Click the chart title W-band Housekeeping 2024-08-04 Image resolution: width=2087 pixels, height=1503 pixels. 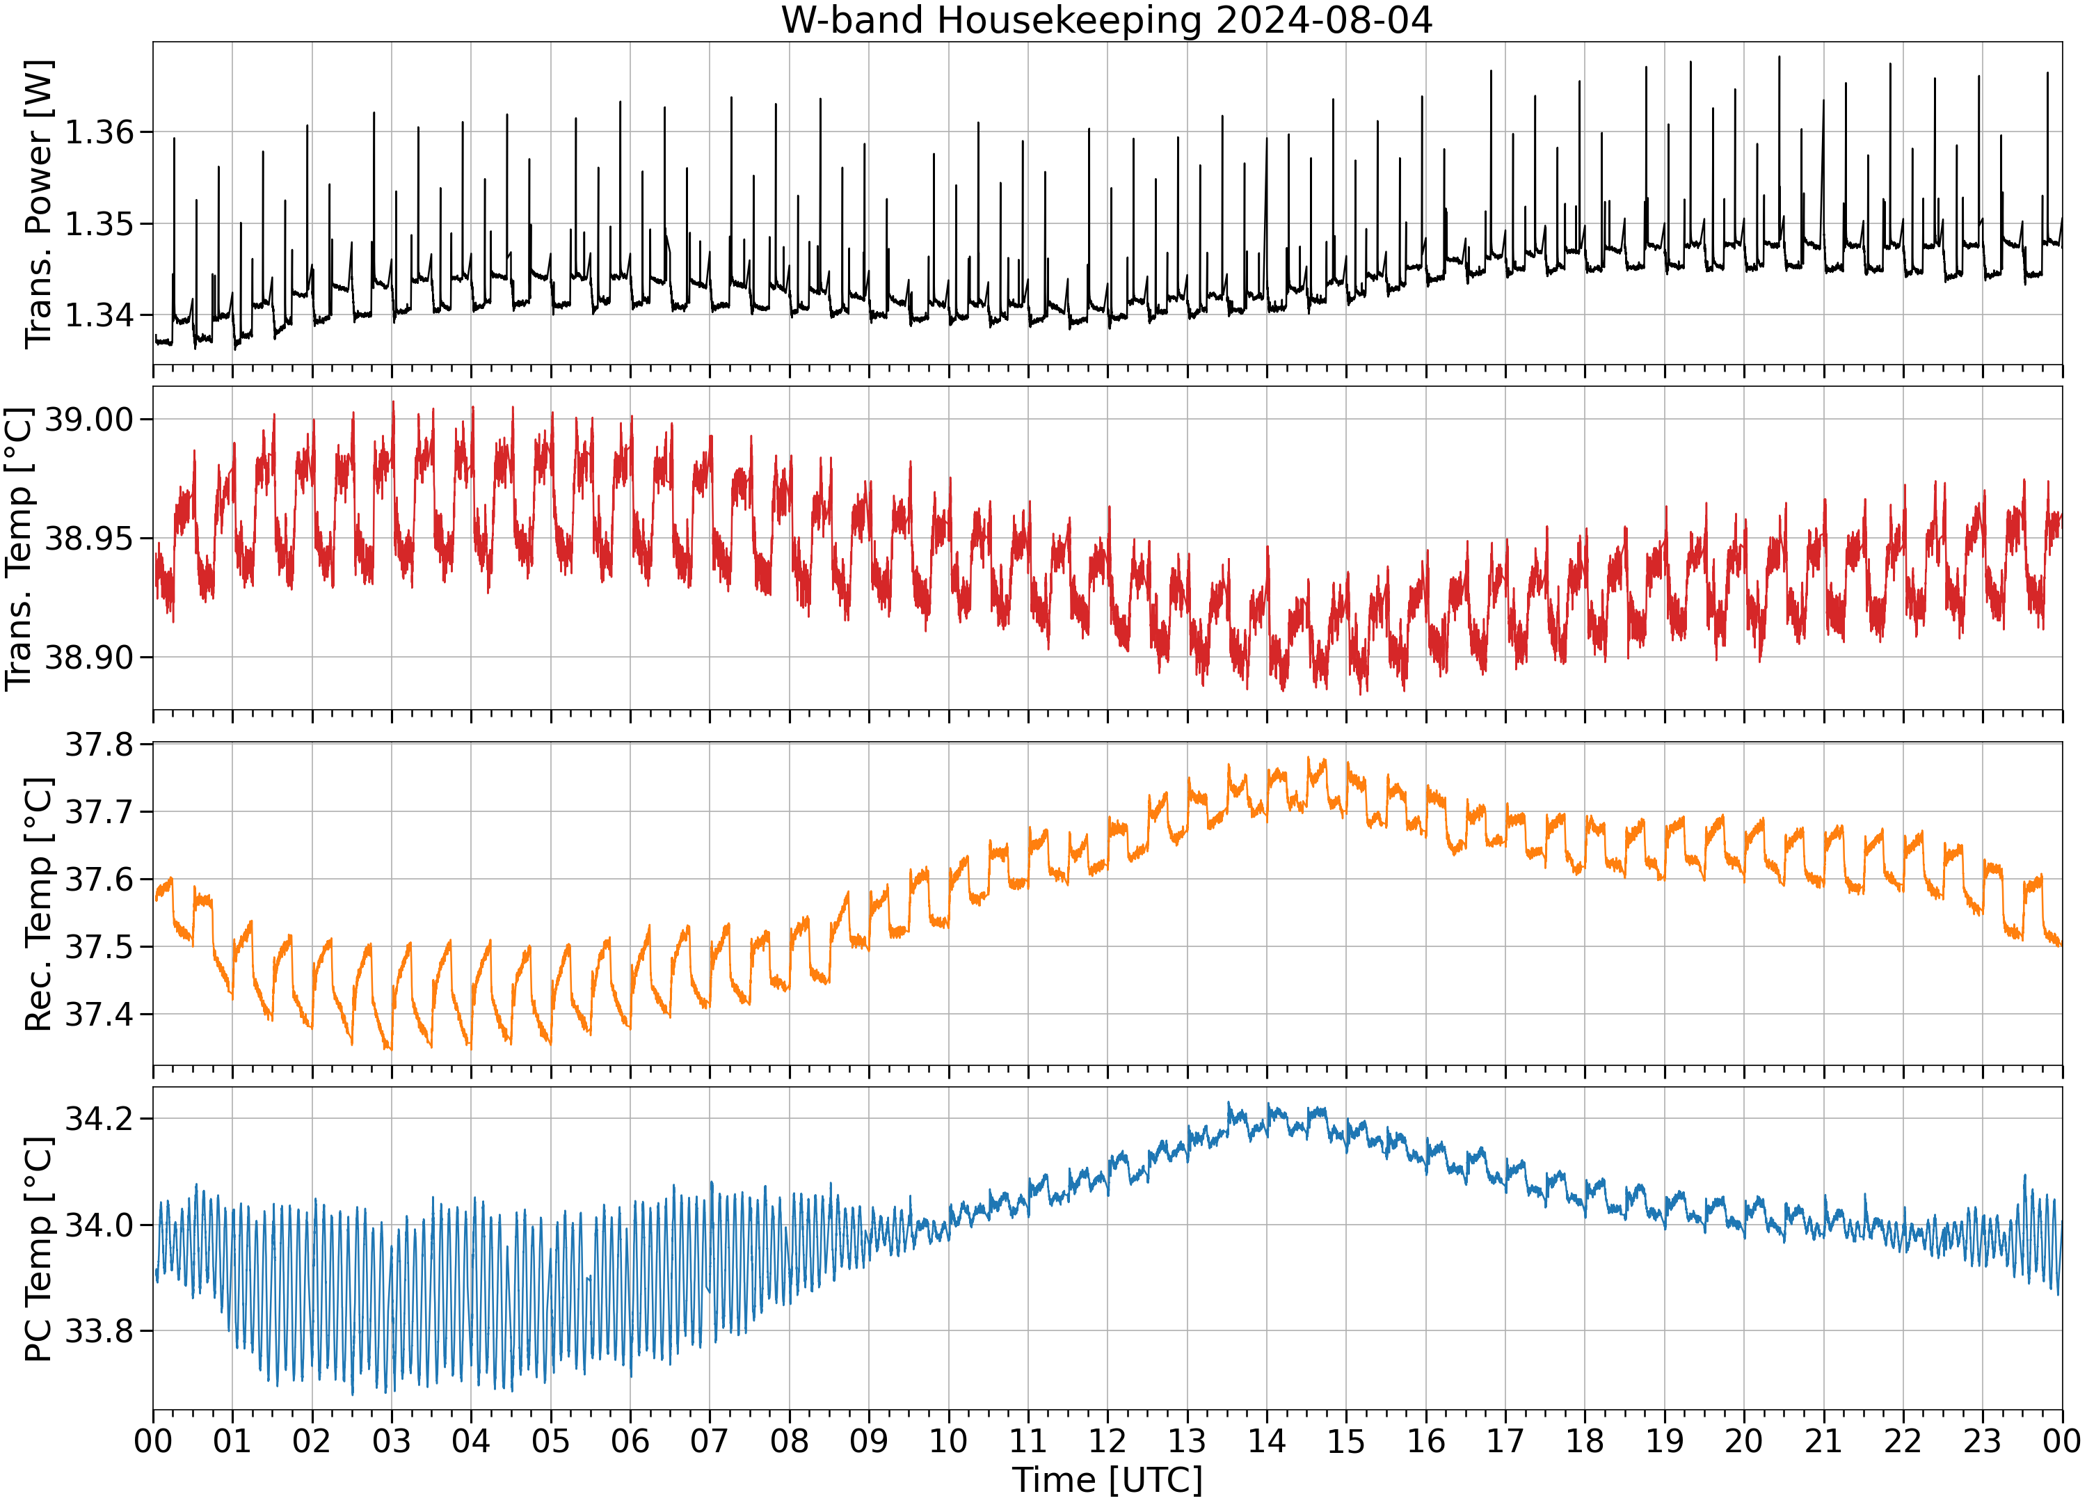click(1107, 19)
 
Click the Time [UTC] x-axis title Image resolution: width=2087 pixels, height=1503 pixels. click(1107, 1480)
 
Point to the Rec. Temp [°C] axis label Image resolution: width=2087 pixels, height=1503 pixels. click(39, 904)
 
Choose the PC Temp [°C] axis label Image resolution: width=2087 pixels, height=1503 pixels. click(39, 1249)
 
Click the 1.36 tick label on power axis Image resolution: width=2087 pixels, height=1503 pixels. click(99, 132)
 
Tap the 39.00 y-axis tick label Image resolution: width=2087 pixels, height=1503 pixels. click(89, 420)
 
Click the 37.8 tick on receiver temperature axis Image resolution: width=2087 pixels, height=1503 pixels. click(99, 745)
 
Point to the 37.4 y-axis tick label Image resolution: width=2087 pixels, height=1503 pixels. click(99, 1015)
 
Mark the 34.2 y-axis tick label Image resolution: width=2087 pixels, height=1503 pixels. click(99, 1119)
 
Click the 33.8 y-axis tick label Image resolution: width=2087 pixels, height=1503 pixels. click(99, 1332)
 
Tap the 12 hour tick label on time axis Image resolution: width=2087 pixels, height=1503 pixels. click(1107, 1440)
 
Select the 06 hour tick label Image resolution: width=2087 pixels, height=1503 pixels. click(630, 1440)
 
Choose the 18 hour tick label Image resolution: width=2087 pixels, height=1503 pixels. click(1585, 1440)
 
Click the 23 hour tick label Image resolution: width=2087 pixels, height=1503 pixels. click(1982, 1440)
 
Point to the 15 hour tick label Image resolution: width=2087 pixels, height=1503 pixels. click(1346, 1440)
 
